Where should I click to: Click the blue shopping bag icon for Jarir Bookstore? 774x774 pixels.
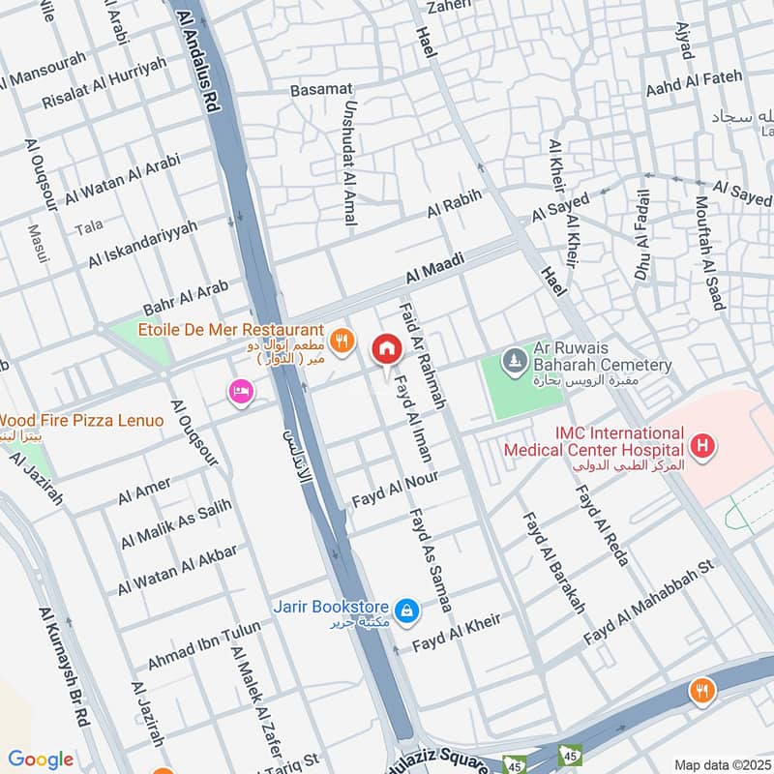click(408, 610)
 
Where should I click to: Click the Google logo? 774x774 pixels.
click(41, 759)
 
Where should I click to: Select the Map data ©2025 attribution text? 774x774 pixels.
click(721, 764)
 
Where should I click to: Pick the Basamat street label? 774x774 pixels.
click(321, 90)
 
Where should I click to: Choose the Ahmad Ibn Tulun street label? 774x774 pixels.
click(204, 646)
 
